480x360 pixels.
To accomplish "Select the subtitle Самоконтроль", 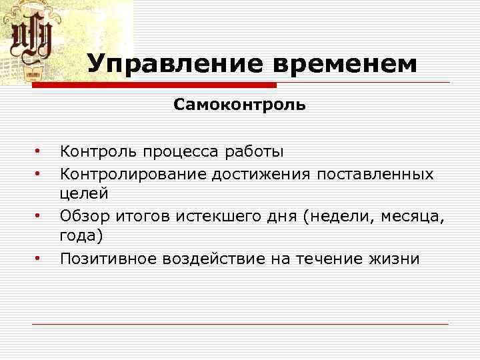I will [240, 105].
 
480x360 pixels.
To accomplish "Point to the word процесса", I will [181, 152].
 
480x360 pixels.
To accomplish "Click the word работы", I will [256, 152].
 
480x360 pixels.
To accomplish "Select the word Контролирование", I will [133, 173].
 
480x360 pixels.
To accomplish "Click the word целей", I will [83, 194].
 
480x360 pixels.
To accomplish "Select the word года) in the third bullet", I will [81, 237].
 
